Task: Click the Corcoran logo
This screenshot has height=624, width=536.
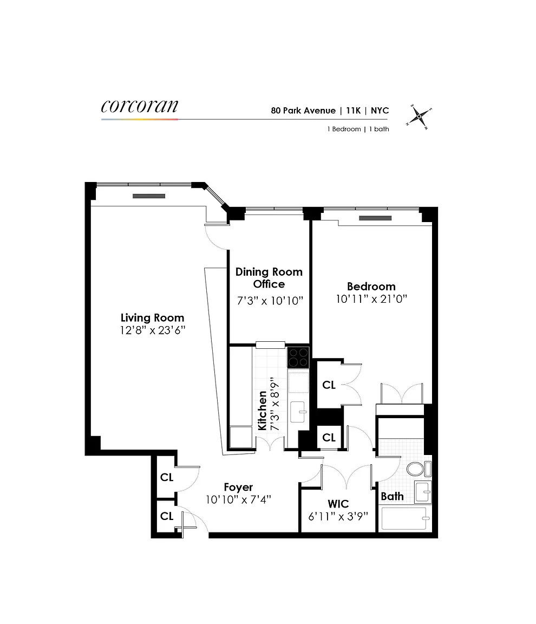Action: click(x=140, y=106)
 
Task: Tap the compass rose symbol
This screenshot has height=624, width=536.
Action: click(x=419, y=116)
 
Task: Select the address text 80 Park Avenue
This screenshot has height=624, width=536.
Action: click(x=303, y=110)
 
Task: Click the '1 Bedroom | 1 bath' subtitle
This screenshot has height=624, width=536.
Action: click(x=358, y=129)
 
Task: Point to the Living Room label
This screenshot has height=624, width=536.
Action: click(x=152, y=317)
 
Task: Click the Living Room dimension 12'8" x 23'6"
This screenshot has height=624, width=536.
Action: click(x=153, y=330)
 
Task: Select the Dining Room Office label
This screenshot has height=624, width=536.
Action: click(x=269, y=278)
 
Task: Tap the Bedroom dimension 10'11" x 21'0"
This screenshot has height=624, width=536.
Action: click(x=371, y=299)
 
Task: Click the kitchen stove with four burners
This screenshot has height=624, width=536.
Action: click(x=298, y=357)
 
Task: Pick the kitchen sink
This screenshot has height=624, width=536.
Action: click(x=298, y=412)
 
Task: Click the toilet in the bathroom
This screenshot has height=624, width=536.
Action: click(x=419, y=469)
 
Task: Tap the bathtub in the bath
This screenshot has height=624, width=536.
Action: click(x=404, y=518)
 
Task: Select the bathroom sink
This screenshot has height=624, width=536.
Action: click(x=423, y=491)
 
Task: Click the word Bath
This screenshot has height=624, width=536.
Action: click(x=392, y=496)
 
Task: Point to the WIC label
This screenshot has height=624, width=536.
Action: click(x=338, y=504)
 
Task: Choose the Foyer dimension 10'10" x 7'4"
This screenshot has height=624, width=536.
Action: click(x=238, y=500)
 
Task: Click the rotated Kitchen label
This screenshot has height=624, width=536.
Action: click(x=262, y=411)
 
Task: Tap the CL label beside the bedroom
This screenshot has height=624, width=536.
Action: click(x=329, y=385)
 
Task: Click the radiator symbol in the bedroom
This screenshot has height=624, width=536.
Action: click(x=375, y=218)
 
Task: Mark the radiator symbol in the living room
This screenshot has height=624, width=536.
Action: click(x=149, y=196)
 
